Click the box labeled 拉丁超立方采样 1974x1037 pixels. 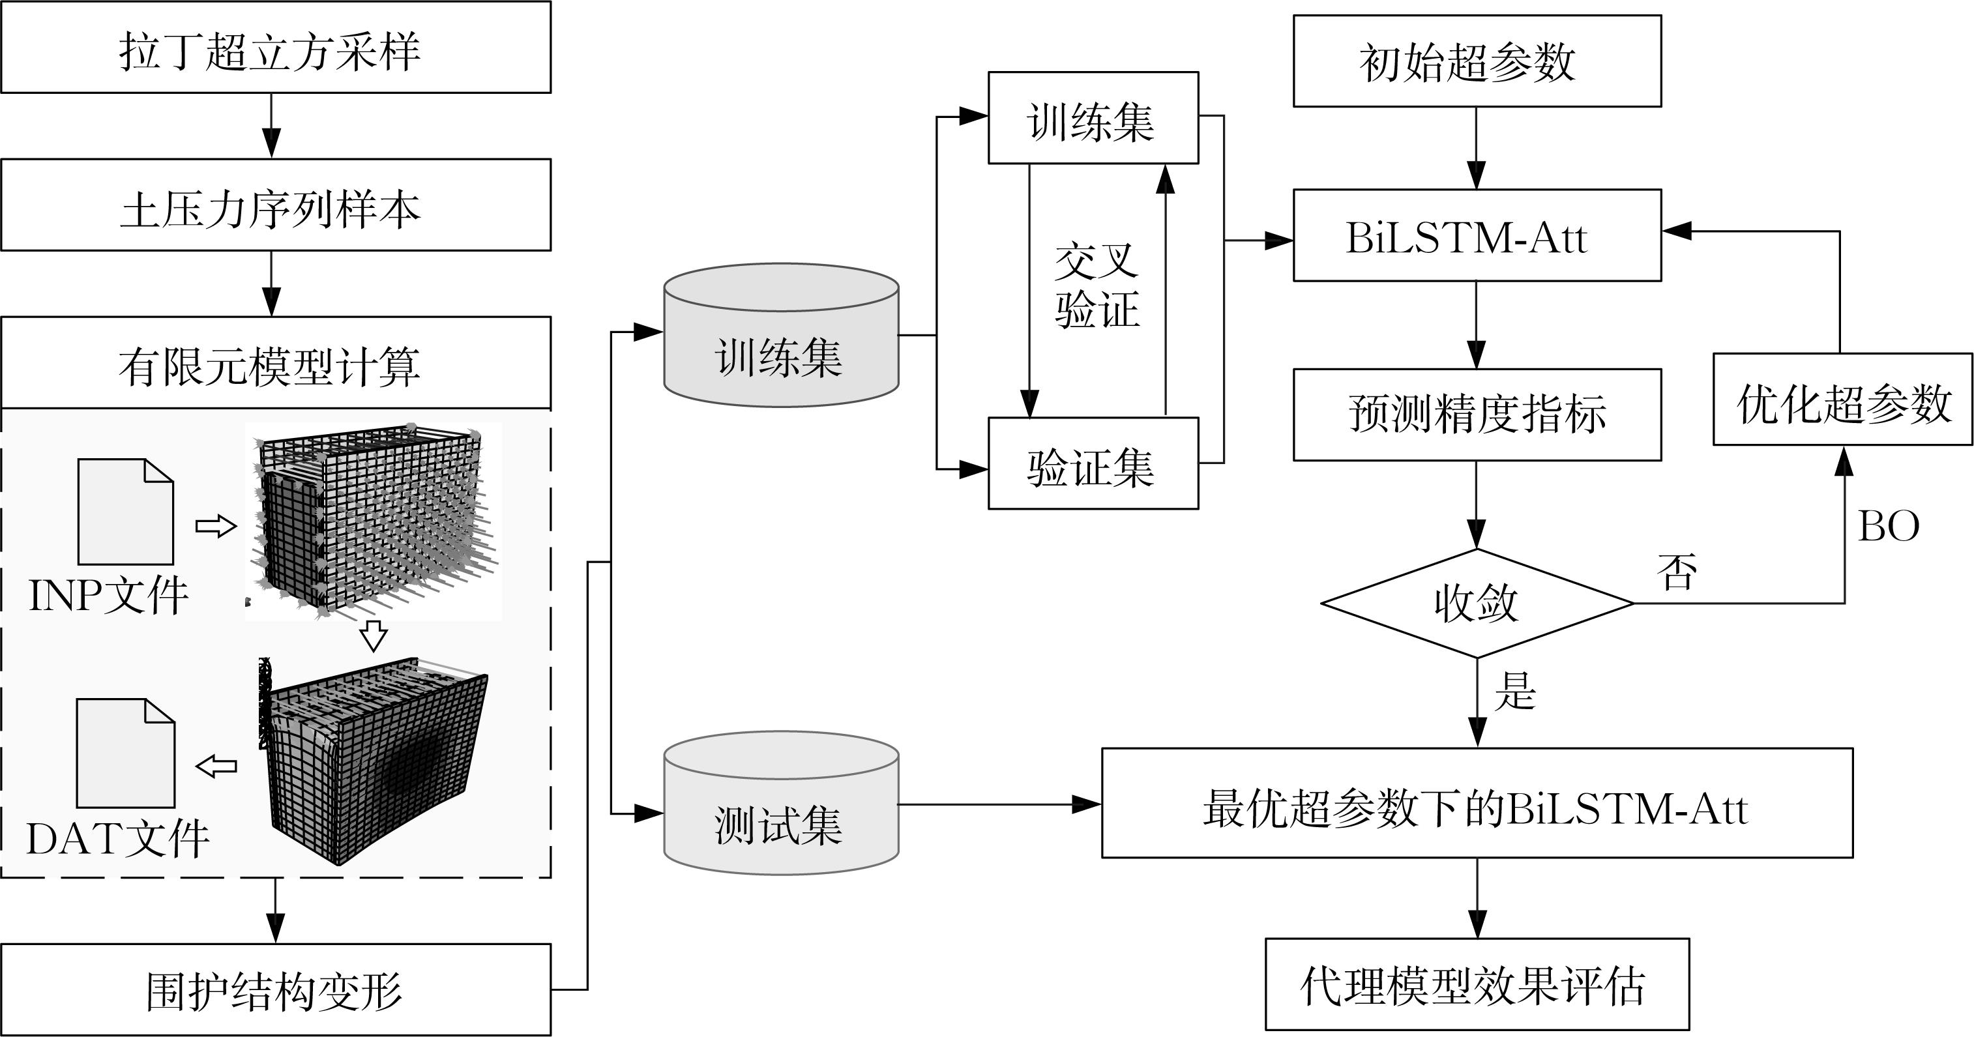(276, 47)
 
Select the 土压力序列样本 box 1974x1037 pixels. (276, 205)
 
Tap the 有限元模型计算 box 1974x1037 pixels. (276, 362)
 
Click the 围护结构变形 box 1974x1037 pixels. (276, 989)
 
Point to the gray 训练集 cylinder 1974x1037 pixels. (781, 336)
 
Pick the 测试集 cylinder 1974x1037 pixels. (781, 802)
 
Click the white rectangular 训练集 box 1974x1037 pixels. (1093, 118)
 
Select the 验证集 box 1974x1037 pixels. (1093, 463)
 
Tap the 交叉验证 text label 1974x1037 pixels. (1097, 286)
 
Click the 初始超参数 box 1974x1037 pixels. (1477, 61)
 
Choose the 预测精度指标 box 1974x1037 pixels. (1477, 415)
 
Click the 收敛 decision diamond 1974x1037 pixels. (1477, 604)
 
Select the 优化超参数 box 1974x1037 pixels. (1843, 399)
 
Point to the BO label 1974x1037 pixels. (1889, 526)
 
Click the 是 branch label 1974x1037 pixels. (1516, 691)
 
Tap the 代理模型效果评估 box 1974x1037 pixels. (1477, 984)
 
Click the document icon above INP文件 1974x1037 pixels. (126, 512)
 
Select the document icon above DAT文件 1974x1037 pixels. (126, 753)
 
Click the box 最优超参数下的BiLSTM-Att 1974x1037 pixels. (1477, 802)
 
